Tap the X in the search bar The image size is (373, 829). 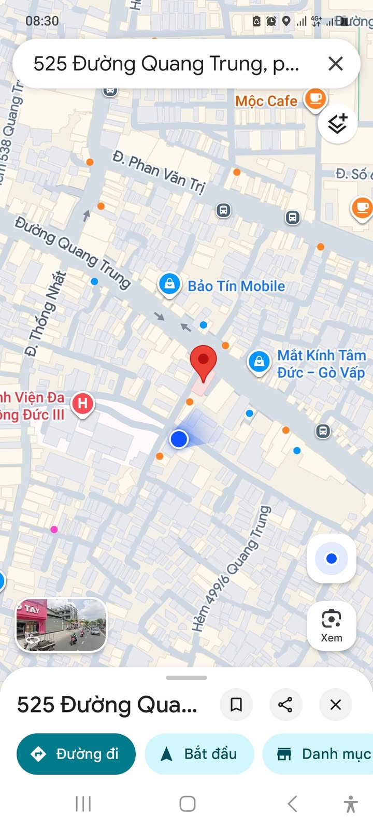tap(336, 64)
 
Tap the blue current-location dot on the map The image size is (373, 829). tap(179, 439)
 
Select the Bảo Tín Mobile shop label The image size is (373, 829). tap(236, 286)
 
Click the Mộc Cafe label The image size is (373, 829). tap(266, 101)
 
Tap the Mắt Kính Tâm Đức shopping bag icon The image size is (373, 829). tap(259, 362)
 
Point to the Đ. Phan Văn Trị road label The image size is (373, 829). tap(159, 171)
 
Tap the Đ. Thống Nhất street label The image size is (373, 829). tap(46, 313)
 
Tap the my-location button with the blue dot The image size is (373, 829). tap(332, 559)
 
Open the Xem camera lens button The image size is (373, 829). tap(332, 625)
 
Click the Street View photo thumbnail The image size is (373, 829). tap(61, 624)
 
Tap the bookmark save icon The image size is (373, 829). tap(236, 705)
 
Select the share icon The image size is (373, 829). tap(285, 705)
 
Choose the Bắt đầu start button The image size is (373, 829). tap(199, 754)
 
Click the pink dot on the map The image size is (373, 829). tap(54, 530)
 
